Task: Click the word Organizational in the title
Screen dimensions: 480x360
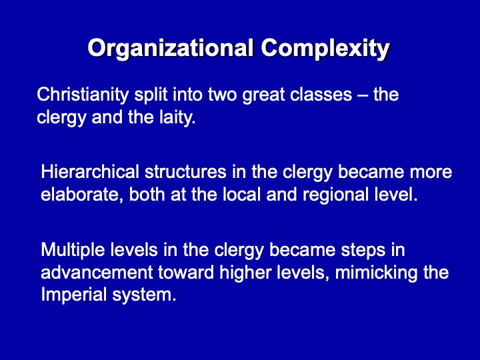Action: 171,49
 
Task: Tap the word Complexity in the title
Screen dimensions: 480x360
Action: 325,49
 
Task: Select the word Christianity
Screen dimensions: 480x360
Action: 83,95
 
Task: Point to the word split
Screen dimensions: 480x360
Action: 151,95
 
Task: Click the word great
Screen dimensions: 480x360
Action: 263,95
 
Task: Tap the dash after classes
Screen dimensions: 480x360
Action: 363,95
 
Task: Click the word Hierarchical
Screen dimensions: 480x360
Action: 90,172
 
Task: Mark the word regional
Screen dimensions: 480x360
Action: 335,195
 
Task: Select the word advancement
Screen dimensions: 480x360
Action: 97,273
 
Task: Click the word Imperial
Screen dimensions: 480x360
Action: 74,295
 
